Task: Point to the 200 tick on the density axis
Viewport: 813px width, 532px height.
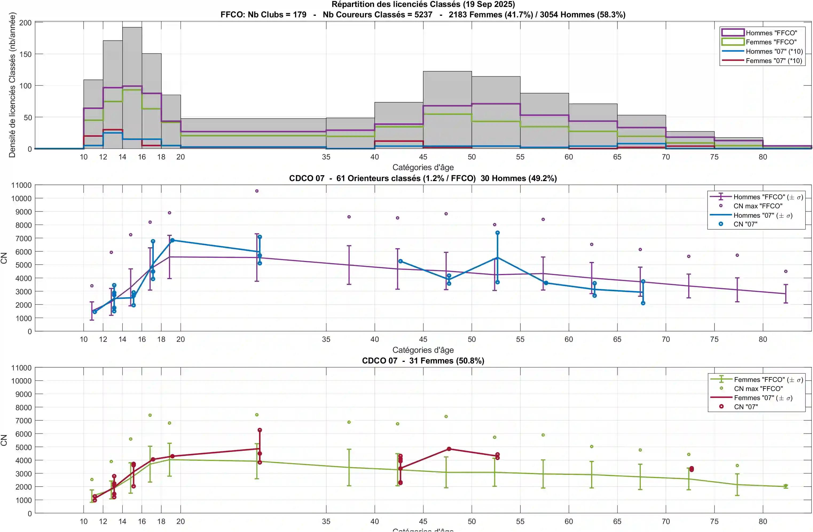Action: pos(25,23)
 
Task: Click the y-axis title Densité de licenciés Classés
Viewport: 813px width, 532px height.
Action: pos(12,85)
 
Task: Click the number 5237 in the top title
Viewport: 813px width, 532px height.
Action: pos(423,15)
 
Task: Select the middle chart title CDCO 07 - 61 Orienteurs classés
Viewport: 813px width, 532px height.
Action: pos(423,178)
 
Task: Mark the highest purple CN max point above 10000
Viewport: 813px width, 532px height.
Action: pos(257,191)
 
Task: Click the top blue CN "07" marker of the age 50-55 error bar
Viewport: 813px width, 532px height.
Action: pos(497,233)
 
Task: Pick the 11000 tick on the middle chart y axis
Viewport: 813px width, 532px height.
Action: pos(21,185)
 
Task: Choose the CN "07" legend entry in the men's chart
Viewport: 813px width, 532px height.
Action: pos(745,224)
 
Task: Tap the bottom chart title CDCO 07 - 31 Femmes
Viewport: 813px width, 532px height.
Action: pos(423,361)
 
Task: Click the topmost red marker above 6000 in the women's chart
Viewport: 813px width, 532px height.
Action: pos(260,430)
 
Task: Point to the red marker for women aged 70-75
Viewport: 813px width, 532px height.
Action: pos(692,469)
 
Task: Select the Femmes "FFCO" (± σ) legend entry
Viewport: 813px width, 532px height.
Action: pos(768,380)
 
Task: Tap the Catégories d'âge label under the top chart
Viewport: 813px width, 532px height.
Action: pos(423,167)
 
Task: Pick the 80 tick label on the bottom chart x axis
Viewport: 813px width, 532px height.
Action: pos(763,521)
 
